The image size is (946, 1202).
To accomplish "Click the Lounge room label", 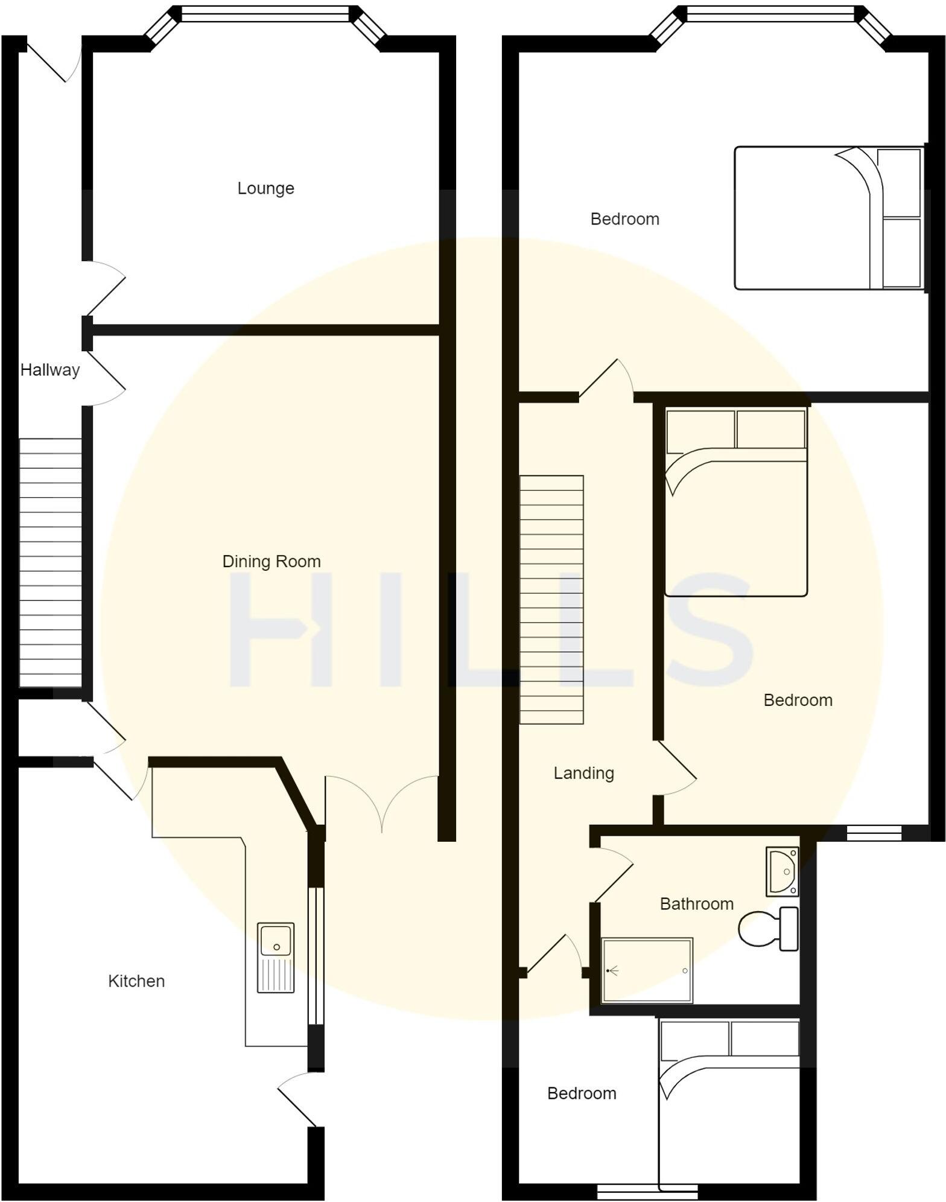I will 265,188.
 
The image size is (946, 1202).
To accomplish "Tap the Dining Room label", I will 271,561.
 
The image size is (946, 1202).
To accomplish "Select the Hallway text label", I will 50,370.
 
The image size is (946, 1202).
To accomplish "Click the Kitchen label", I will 136,981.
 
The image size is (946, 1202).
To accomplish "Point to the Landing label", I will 583,773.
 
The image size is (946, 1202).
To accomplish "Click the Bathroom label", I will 696,904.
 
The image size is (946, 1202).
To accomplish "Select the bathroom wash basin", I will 783,871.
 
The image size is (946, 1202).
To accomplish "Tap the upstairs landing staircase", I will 551,600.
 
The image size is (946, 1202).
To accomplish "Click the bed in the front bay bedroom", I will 828,218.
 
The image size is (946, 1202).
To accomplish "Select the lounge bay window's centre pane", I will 265,14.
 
